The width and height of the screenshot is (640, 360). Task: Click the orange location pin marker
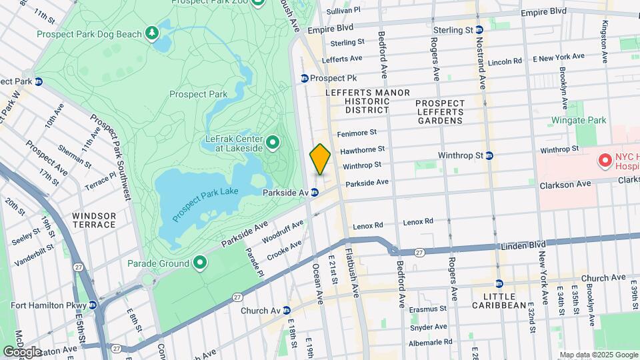click(x=320, y=159)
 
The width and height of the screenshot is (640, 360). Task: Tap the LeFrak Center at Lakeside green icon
click(x=272, y=142)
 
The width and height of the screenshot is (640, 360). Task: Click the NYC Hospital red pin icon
click(x=605, y=160)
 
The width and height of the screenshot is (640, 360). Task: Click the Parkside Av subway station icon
click(x=314, y=192)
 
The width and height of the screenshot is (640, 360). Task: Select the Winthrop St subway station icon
click(x=489, y=155)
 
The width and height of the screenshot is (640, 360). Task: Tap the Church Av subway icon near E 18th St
click(x=286, y=310)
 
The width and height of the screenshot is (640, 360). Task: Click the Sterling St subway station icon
click(x=480, y=30)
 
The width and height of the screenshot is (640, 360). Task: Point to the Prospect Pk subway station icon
click(x=304, y=78)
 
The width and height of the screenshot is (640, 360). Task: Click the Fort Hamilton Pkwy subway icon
click(x=93, y=305)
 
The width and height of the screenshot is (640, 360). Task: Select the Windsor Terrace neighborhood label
click(x=94, y=220)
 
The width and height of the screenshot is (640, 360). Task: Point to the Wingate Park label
click(x=578, y=121)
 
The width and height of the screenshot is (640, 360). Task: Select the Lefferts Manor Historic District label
click(x=357, y=101)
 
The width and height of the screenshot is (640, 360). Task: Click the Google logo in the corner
click(x=22, y=351)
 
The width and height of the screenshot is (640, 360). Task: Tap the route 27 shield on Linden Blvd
click(x=419, y=252)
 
